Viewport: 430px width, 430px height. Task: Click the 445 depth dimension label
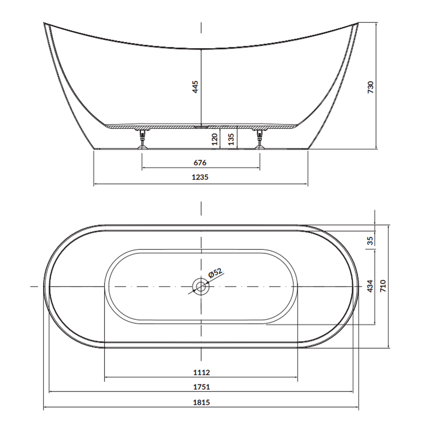pos(195,87)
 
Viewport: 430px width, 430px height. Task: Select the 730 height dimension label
pos(370,87)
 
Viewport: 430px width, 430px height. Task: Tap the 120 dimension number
pos(215,139)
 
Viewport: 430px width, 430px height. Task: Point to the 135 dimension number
pos(231,139)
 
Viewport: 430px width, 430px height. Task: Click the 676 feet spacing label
pos(200,163)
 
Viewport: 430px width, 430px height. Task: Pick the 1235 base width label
pos(200,177)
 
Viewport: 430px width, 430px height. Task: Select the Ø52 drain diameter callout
pos(215,273)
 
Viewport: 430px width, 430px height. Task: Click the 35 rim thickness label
pos(370,240)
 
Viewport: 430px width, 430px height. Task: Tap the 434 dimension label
pos(370,286)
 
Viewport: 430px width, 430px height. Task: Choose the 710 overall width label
pos(383,286)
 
